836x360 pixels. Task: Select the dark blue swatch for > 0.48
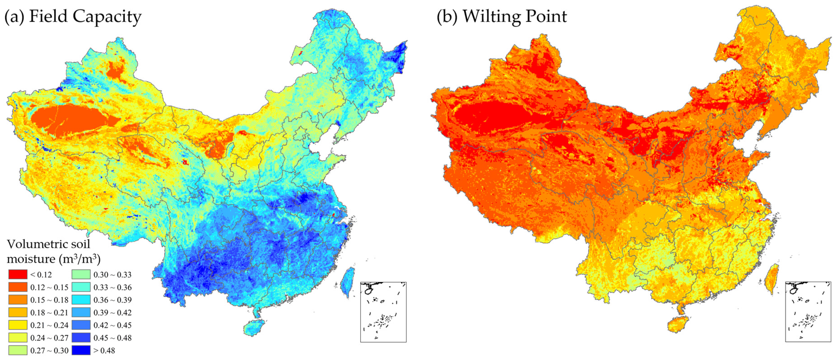[81, 350]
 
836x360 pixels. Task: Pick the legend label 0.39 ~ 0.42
[112, 313]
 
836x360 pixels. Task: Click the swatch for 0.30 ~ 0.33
[81, 275]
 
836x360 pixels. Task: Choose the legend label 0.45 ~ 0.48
[112, 338]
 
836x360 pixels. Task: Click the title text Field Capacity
[85, 16]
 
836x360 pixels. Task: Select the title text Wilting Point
[514, 16]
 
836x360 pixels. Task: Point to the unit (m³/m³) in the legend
[79, 259]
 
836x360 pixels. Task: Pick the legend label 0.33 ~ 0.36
[112, 287]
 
